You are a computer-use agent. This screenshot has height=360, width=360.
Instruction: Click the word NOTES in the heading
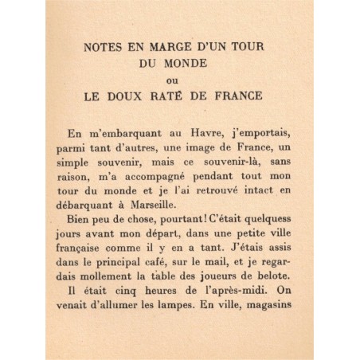point(102,47)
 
